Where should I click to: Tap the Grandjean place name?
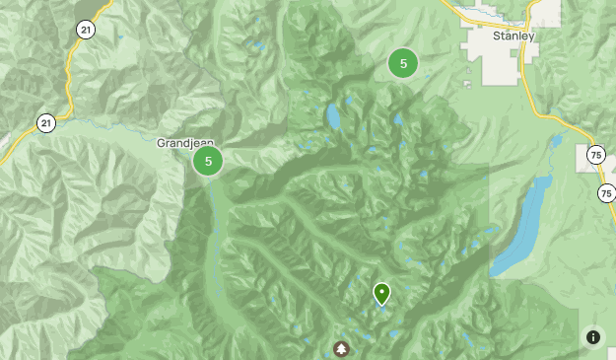[185, 143]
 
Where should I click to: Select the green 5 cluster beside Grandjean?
[207, 161]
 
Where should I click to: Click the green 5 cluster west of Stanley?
[402, 63]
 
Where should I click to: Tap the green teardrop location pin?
[381, 293]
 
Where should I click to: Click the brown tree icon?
[341, 348]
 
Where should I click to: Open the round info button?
[593, 337]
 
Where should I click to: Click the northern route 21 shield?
[86, 31]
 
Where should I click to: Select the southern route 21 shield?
[46, 123]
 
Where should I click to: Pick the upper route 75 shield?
[594, 155]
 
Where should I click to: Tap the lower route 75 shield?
[606, 192]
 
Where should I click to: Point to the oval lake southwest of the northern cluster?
[334, 116]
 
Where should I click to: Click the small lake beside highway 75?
[557, 141]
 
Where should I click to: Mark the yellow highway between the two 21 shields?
[70, 79]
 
